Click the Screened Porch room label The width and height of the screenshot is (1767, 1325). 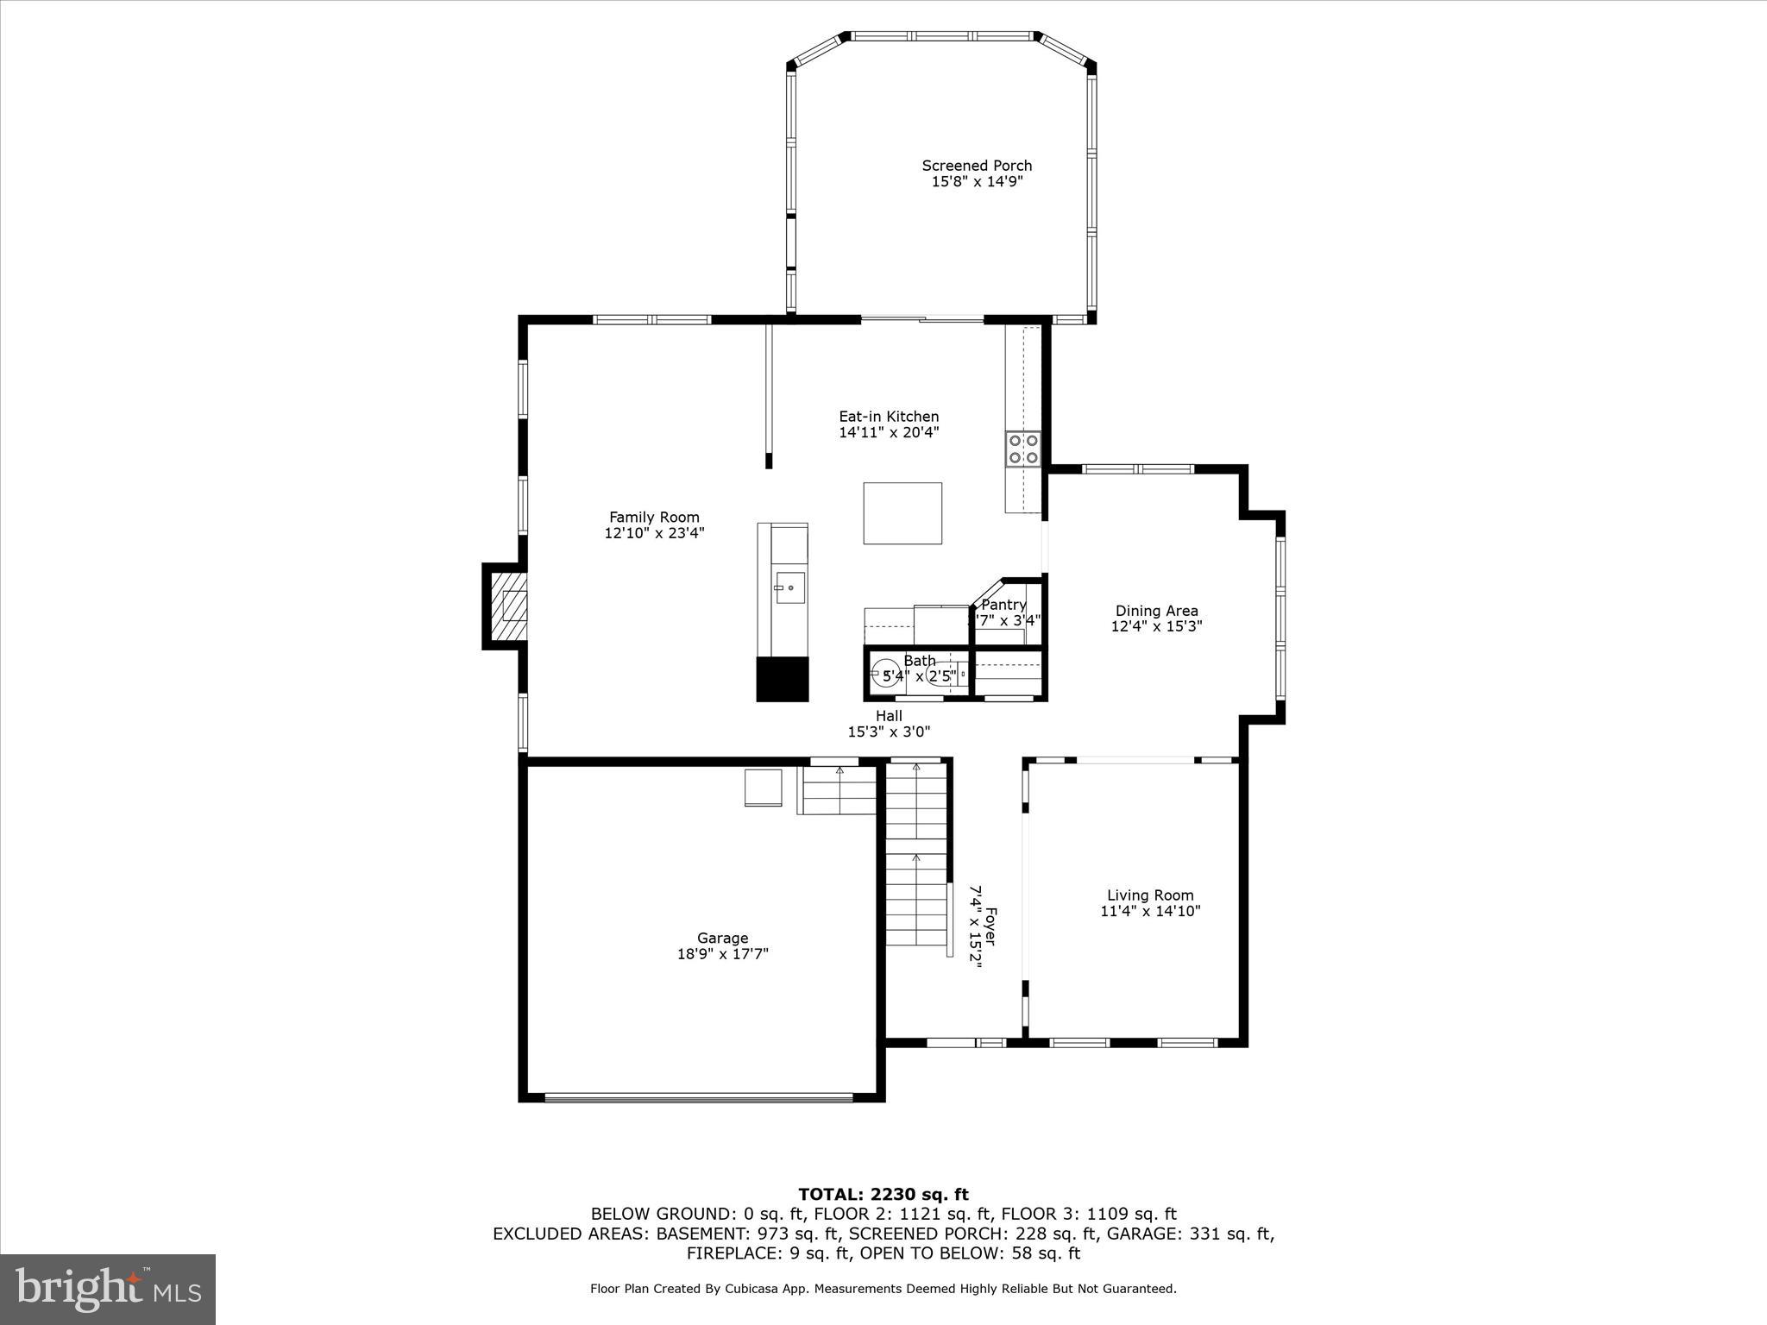pyautogui.click(x=977, y=166)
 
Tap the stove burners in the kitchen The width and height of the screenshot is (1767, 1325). pyautogui.click(x=1022, y=449)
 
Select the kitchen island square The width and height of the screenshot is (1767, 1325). pyautogui.click(x=902, y=513)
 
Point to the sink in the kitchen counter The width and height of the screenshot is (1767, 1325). pyautogui.click(x=789, y=588)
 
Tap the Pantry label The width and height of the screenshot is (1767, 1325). pyautogui.click(x=1003, y=605)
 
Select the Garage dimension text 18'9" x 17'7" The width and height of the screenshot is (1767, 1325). pyautogui.click(x=722, y=954)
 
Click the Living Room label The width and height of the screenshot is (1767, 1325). pyautogui.click(x=1150, y=895)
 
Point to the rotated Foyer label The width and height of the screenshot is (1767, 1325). pyautogui.click(x=991, y=926)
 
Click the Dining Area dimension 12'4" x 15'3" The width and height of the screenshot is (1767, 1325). pyautogui.click(x=1156, y=627)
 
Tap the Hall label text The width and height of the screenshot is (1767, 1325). pyautogui.click(x=889, y=716)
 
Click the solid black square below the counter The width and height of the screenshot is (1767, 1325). pyautogui.click(x=783, y=679)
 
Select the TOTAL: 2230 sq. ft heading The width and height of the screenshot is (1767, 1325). pyautogui.click(x=883, y=1195)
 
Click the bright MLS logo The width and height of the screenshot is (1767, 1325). pyautogui.click(x=108, y=1289)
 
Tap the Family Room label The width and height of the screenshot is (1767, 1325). pyautogui.click(x=654, y=518)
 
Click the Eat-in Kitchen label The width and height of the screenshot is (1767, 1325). pyautogui.click(x=889, y=417)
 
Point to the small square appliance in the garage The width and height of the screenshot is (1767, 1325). pyautogui.click(x=763, y=788)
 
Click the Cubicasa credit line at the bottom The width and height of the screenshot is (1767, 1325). pyautogui.click(x=883, y=1289)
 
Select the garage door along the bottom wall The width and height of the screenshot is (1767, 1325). pyautogui.click(x=699, y=1098)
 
